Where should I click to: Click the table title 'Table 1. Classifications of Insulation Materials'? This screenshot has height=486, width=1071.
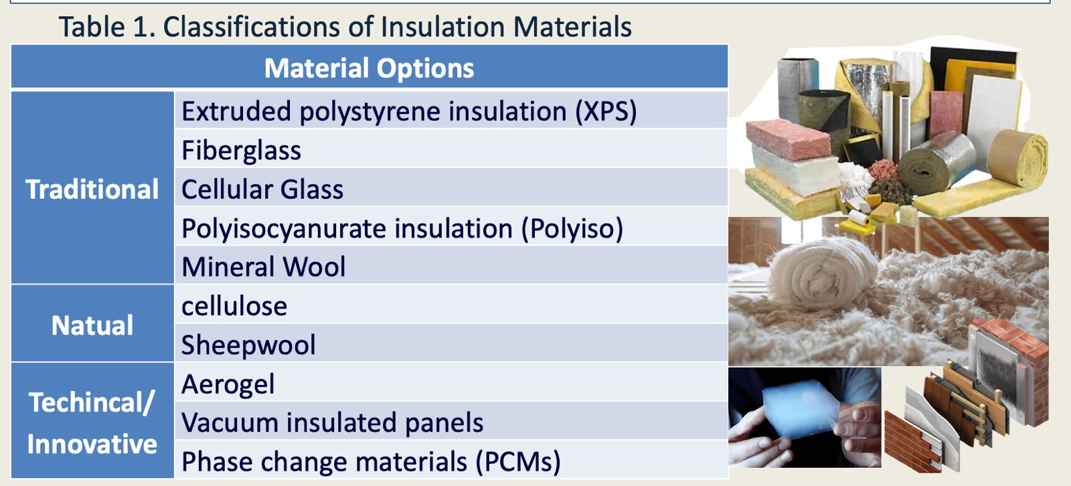(x=345, y=27)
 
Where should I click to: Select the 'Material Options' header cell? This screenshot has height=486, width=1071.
(x=369, y=68)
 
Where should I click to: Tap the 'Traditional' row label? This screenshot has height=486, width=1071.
(x=92, y=189)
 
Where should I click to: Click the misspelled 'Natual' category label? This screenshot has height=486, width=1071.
(x=92, y=325)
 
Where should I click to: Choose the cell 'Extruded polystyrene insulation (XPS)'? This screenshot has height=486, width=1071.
(x=451, y=110)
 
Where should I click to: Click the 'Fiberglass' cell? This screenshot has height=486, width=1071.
(x=451, y=150)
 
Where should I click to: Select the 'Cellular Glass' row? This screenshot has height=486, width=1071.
(x=451, y=189)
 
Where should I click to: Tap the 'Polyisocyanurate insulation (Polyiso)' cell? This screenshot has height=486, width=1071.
(x=451, y=228)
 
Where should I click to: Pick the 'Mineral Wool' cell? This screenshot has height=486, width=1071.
(x=451, y=266)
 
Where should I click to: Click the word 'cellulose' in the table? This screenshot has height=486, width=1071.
(x=234, y=306)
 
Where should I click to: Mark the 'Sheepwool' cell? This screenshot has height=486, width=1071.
(x=451, y=344)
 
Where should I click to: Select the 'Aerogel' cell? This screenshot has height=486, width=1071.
(x=451, y=384)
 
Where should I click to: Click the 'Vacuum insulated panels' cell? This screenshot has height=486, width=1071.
(x=451, y=422)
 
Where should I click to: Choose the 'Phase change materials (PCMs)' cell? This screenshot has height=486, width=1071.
(x=451, y=461)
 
